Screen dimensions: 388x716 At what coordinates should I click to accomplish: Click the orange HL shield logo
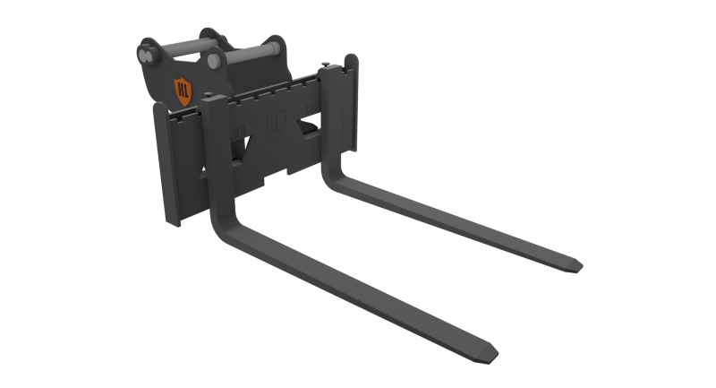(183, 89)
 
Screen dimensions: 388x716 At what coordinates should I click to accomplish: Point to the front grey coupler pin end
(215, 62)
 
